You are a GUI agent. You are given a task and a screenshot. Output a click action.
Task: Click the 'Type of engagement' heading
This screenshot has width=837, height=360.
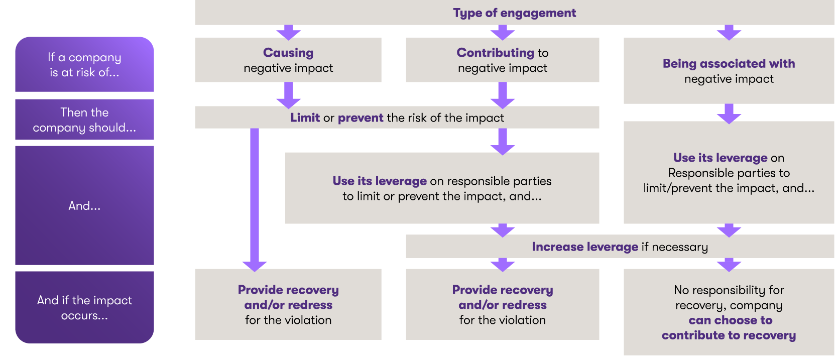514,13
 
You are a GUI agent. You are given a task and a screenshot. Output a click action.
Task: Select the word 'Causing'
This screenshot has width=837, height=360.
288,53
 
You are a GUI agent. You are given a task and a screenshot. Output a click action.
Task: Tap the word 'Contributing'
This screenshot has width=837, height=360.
495,53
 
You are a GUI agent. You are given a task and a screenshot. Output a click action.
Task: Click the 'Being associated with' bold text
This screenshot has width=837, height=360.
729,64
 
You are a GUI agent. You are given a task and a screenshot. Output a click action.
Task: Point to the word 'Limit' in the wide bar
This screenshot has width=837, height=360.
305,118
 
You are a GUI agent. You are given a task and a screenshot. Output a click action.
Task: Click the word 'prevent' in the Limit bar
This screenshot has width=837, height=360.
361,118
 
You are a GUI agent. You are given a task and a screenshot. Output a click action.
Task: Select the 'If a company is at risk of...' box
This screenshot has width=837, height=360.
84,65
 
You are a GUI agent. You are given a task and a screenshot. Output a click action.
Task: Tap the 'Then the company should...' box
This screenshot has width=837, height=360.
84,120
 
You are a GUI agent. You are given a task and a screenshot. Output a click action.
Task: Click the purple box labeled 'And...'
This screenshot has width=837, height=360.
84,205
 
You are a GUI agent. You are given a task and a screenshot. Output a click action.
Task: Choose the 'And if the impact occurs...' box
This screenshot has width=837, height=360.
84,308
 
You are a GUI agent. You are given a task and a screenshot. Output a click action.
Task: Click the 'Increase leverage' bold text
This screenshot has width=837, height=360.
585,247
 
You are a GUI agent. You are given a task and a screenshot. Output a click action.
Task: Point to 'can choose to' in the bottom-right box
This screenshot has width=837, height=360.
730,320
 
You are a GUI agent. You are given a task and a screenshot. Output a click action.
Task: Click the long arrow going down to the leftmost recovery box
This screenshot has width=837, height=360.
255,201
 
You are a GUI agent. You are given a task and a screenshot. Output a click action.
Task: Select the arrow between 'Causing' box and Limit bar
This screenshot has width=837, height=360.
289,95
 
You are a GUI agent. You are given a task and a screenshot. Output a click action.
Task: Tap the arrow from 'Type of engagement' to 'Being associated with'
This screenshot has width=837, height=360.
729,32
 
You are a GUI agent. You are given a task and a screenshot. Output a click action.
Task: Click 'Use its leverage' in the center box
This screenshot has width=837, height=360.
380,181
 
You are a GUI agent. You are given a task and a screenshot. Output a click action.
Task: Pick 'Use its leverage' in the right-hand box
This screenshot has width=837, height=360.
720,158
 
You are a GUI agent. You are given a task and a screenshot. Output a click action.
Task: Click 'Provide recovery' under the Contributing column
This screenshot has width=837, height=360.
502,290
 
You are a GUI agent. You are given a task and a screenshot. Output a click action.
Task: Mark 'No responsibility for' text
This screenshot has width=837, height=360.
729,290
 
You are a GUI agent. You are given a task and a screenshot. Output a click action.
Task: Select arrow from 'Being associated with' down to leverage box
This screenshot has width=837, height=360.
729,113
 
